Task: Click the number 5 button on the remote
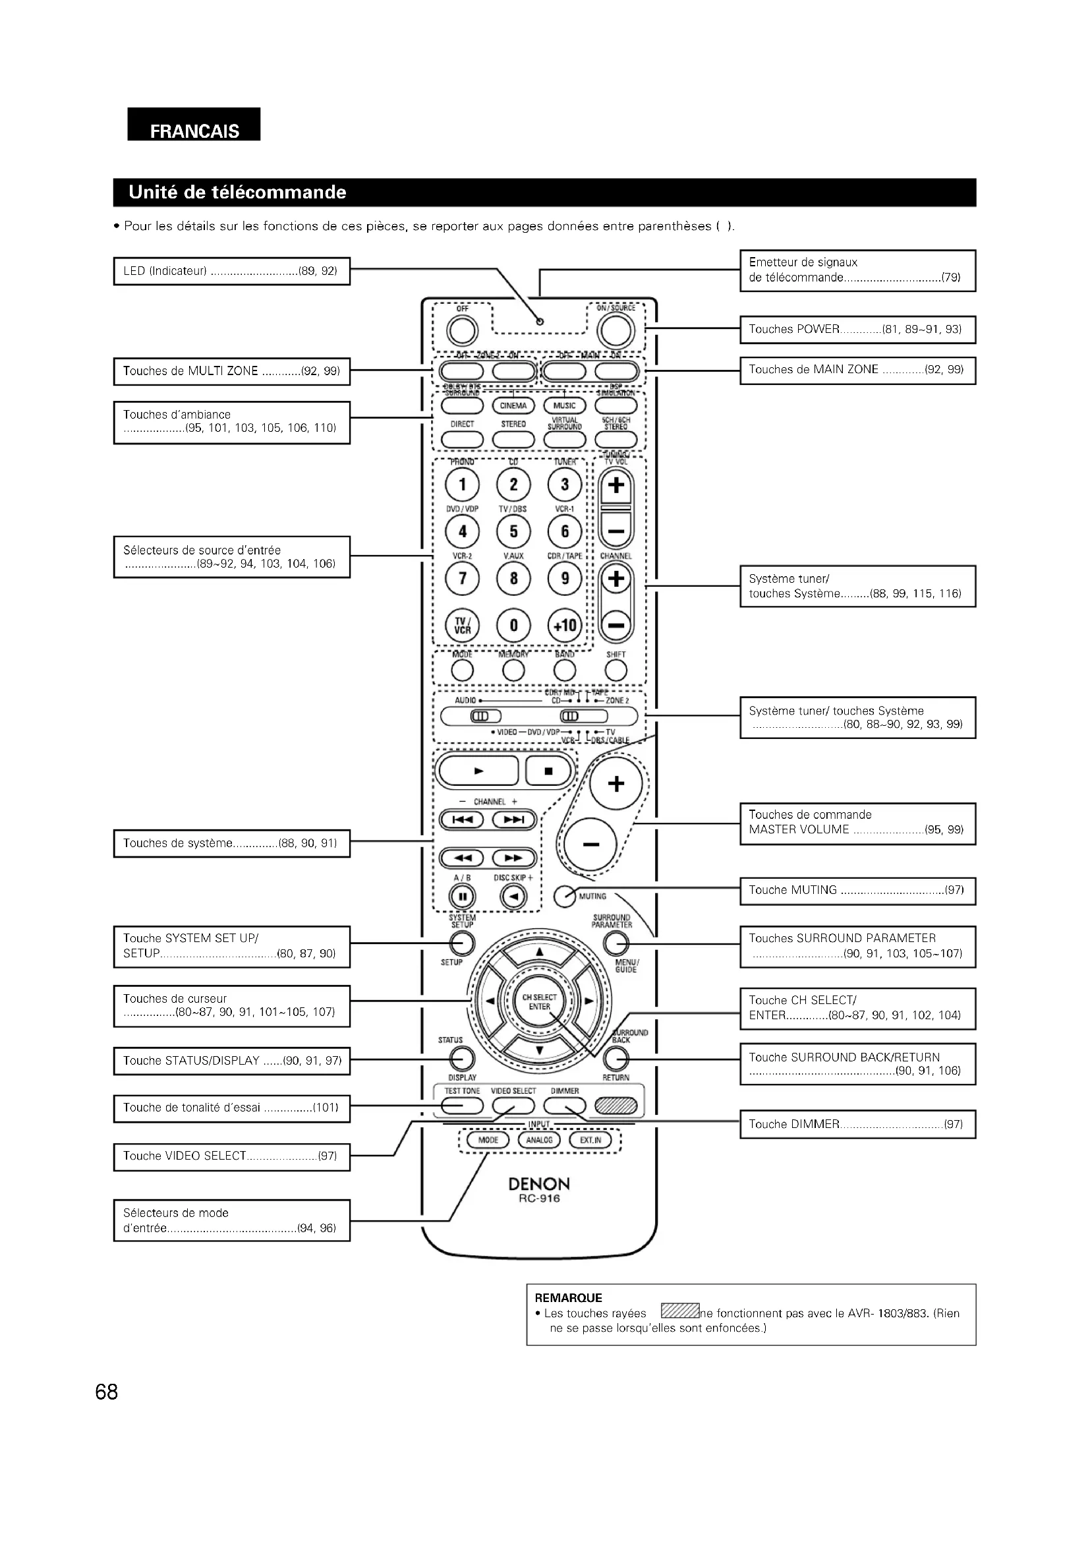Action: tap(513, 531)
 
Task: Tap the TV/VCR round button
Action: tap(463, 626)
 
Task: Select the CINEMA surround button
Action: tap(513, 405)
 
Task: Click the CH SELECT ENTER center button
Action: tap(540, 1002)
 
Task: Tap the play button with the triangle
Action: tap(478, 771)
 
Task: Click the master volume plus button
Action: tap(616, 784)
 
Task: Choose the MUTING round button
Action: tap(565, 897)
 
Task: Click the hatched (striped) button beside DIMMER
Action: tap(616, 1105)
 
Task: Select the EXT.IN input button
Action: tap(590, 1140)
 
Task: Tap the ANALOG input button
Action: tap(539, 1140)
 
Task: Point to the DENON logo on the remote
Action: tap(539, 1183)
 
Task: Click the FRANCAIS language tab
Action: tap(194, 130)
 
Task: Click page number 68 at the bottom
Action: tap(107, 1392)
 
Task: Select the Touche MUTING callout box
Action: tap(857, 891)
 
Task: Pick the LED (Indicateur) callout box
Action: tap(231, 272)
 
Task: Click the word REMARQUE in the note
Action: tap(569, 1297)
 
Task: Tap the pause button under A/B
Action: tap(462, 897)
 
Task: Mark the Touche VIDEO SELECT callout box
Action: tap(231, 1156)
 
